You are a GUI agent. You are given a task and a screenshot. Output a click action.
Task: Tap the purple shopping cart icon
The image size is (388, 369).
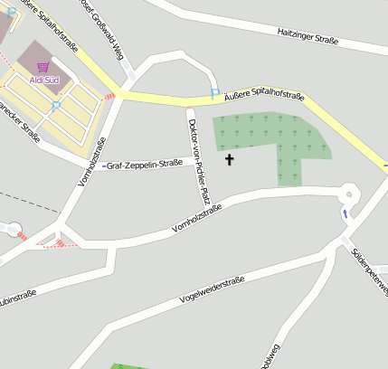tap(43, 67)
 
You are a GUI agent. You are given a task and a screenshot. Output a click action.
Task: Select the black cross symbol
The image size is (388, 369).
tap(229, 160)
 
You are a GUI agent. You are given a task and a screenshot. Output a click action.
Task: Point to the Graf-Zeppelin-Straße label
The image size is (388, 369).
tap(145, 165)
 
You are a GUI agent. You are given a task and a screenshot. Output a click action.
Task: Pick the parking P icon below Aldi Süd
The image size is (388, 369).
tap(55, 105)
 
